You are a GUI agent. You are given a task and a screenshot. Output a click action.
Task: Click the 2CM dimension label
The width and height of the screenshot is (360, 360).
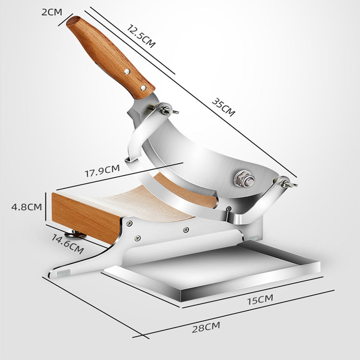click(x=52, y=12)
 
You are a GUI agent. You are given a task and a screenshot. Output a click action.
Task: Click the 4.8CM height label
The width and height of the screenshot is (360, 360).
click(x=22, y=207)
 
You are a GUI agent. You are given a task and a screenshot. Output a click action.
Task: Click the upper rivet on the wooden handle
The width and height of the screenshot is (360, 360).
click(x=127, y=71)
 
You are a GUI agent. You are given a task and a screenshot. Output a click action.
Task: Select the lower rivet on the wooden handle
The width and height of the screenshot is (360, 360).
click(x=143, y=87)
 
